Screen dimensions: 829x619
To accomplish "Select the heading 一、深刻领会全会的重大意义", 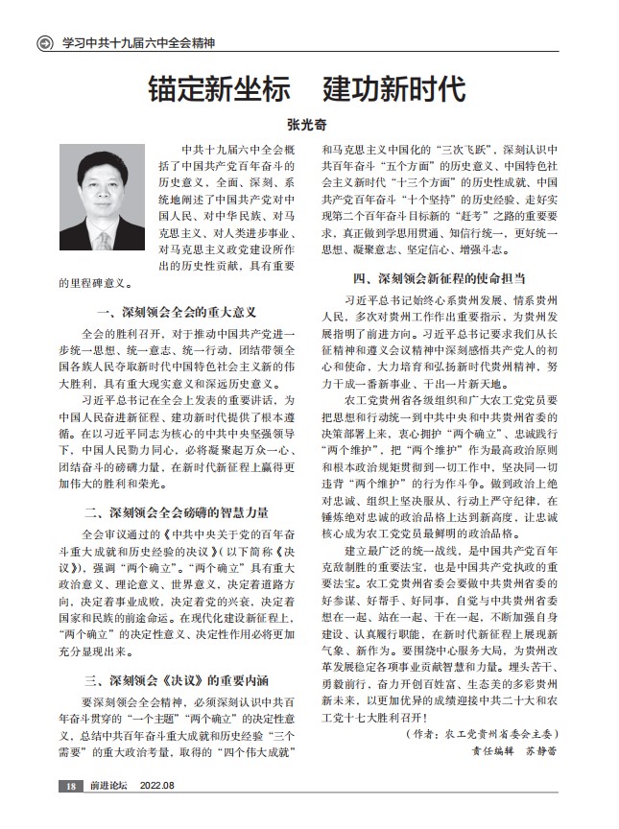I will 176,312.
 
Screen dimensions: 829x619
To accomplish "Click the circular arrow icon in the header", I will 42,43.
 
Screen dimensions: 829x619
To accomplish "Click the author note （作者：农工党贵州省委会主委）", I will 481,734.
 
